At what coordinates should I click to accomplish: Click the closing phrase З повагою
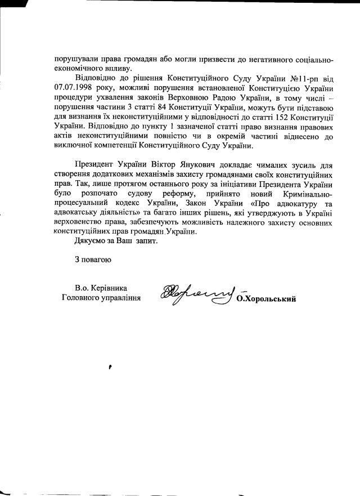pyautogui.click(x=93, y=260)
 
